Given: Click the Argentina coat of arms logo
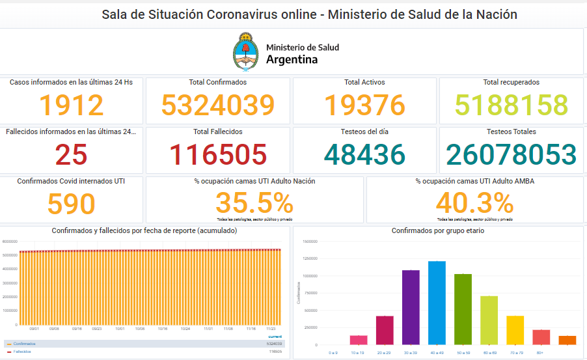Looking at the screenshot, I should pyautogui.click(x=245, y=52).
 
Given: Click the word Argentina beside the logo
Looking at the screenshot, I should pyautogui.click(x=292, y=59).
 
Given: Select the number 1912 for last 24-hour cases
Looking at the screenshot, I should pyautogui.click(x=71, y=105).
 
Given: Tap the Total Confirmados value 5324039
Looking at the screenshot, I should pyautogui.click(x=218, y=105).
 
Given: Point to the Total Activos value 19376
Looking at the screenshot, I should pyautogui.click(x=364, y=105).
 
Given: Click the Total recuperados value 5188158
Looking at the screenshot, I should pyautogui.click(x=511, y=105).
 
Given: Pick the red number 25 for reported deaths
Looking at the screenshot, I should pyautogui.click(x=71, y=155).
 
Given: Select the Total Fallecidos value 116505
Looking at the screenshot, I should pyautogui.click(x=218, y=155).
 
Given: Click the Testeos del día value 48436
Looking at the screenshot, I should pyautogui.click(x=364, y=155).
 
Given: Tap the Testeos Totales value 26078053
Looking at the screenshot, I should pyautogui.click(x=511, y=155).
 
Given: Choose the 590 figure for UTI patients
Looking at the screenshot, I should pyautogui.click(x=71, y=204).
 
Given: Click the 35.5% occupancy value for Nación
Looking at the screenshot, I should pyautogui.click(x=254, y=204).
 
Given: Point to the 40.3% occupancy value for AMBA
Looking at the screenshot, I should pyautogui.click(x=474, y=204).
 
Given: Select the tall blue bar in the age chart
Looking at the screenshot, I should pyautogui.click(x=437, y=303).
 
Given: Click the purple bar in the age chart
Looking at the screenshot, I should pyautogui.click(x=411, y=307).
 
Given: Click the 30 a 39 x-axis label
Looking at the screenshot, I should pyautogui.click(x=411, y=352).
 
